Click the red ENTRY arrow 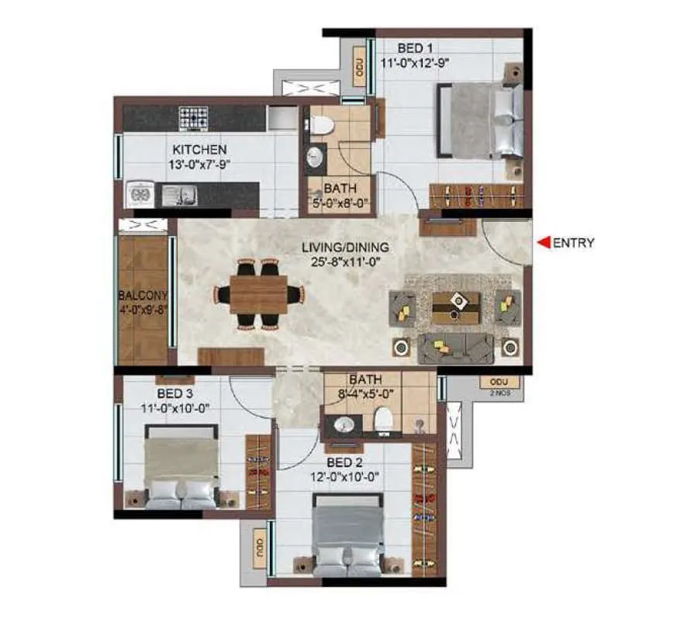[x=544, y=243]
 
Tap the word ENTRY [x=574, y=243]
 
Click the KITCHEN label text [x=199, y=149]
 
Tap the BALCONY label [x=143, y=296]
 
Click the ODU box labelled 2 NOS [x=494, y=382]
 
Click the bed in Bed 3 [x=181, y=471]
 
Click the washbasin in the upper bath [x=313, y=158]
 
